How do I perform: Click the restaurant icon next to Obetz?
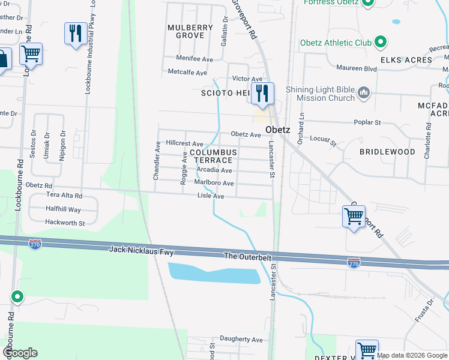262,93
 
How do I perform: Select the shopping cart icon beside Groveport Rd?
354,216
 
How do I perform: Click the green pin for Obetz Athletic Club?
379,43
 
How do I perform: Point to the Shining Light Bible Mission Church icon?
363,93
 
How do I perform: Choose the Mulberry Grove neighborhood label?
190,32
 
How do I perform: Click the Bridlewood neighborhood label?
387,152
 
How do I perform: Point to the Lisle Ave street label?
211,196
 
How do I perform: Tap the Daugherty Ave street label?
241,339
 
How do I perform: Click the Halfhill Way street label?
63,209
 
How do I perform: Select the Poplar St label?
370,122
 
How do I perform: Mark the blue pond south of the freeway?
213,273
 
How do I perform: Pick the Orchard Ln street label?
303,124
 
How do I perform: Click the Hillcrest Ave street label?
184,144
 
